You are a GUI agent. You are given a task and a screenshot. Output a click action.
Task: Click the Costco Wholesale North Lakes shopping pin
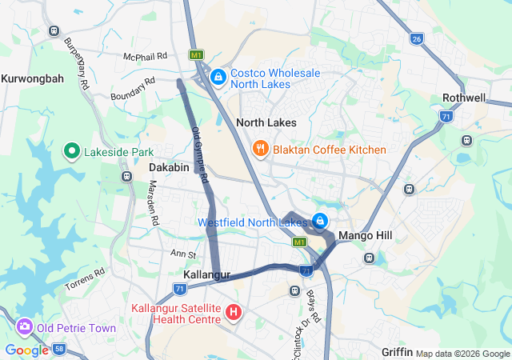(218, 78)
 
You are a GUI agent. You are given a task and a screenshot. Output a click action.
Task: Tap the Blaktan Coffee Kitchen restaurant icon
(260, 150)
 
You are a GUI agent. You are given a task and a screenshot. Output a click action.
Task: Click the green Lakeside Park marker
(70, 151)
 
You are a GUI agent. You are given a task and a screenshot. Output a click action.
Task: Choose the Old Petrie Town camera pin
(24, 327)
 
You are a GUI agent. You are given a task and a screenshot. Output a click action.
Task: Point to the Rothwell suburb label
(463, 98)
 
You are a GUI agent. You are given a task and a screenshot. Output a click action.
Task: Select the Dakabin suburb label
(169, 167)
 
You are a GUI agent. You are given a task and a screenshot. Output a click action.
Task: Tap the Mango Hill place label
(362, 236)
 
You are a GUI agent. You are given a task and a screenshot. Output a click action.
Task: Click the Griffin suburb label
(397, 352)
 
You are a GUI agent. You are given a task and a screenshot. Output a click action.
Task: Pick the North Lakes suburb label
(266, 122)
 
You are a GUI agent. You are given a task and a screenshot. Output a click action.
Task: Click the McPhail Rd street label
(145, 57)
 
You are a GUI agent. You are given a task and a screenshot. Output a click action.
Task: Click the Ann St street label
(183, 253)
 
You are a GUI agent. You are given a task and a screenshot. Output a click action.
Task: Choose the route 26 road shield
(415, 38)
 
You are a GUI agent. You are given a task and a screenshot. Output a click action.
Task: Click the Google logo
(26, 350)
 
